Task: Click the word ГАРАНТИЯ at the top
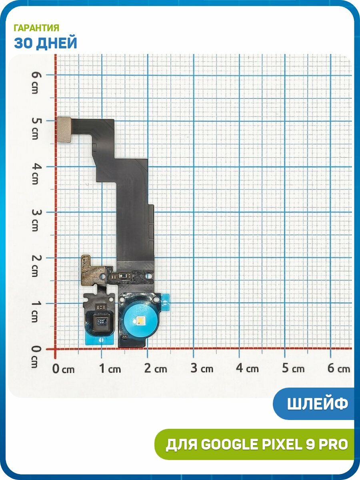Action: [x=36, y=28]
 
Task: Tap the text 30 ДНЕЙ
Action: [x=46, y=43]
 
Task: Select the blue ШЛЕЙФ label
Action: [x=318, y=404]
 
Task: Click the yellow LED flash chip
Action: [x=140, y=321]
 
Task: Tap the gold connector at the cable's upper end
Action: [x=64, y=130]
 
